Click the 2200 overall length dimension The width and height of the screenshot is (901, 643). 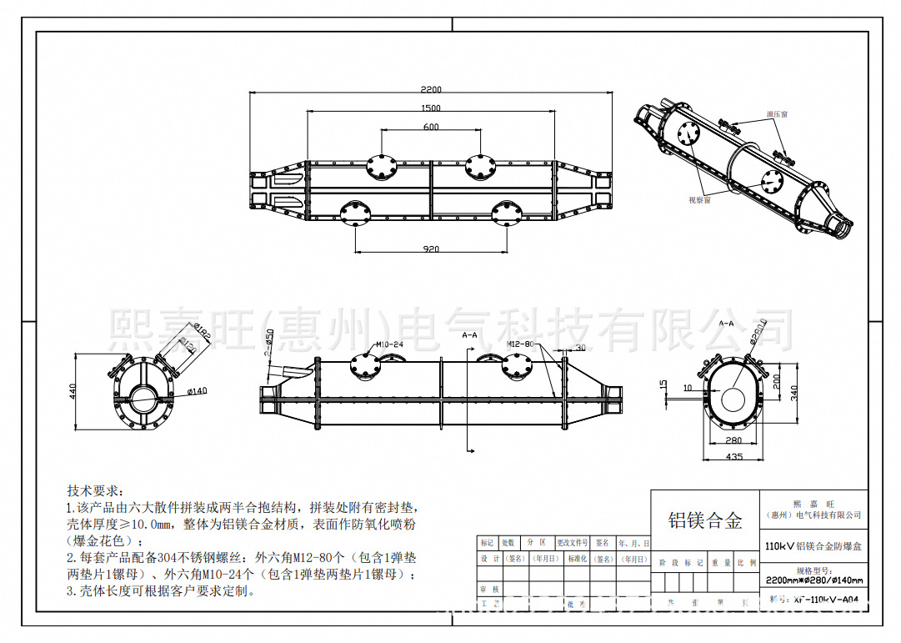click(431, 89)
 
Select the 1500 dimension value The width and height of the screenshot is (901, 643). click(431, 108)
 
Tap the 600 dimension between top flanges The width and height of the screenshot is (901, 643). click(431, 128)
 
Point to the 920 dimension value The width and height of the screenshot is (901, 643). click(430, 249)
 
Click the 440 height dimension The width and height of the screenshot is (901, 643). click(73, 390)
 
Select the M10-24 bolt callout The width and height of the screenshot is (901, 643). click(389, 344)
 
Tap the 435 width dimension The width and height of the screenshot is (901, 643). click(734, 457)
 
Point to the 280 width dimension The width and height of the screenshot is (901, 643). click(733, 440)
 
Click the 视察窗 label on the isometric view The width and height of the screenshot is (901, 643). click(698, 201)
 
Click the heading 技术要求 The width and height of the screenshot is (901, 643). click(95, 490)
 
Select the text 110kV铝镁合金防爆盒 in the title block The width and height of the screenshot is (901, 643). click(813, 545)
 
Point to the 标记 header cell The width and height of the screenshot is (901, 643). click(488, 543)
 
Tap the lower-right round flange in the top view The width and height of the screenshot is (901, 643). click(507, 214)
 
